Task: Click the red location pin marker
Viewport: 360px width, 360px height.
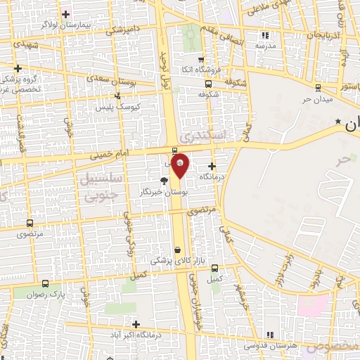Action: pos(180,165)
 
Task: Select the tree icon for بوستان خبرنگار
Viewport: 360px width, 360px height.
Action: pos(164,181)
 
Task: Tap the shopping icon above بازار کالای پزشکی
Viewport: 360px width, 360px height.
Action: pos(177,250)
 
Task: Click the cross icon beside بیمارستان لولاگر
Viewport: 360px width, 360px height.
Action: pos(65,13)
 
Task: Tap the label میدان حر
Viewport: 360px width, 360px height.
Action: pos(316,98)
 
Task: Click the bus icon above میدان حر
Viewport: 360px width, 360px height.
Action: pos(318,88)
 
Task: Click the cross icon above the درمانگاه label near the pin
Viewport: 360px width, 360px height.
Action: pos(212,166)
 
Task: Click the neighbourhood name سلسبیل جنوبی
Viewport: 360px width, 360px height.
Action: pos(103,186)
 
